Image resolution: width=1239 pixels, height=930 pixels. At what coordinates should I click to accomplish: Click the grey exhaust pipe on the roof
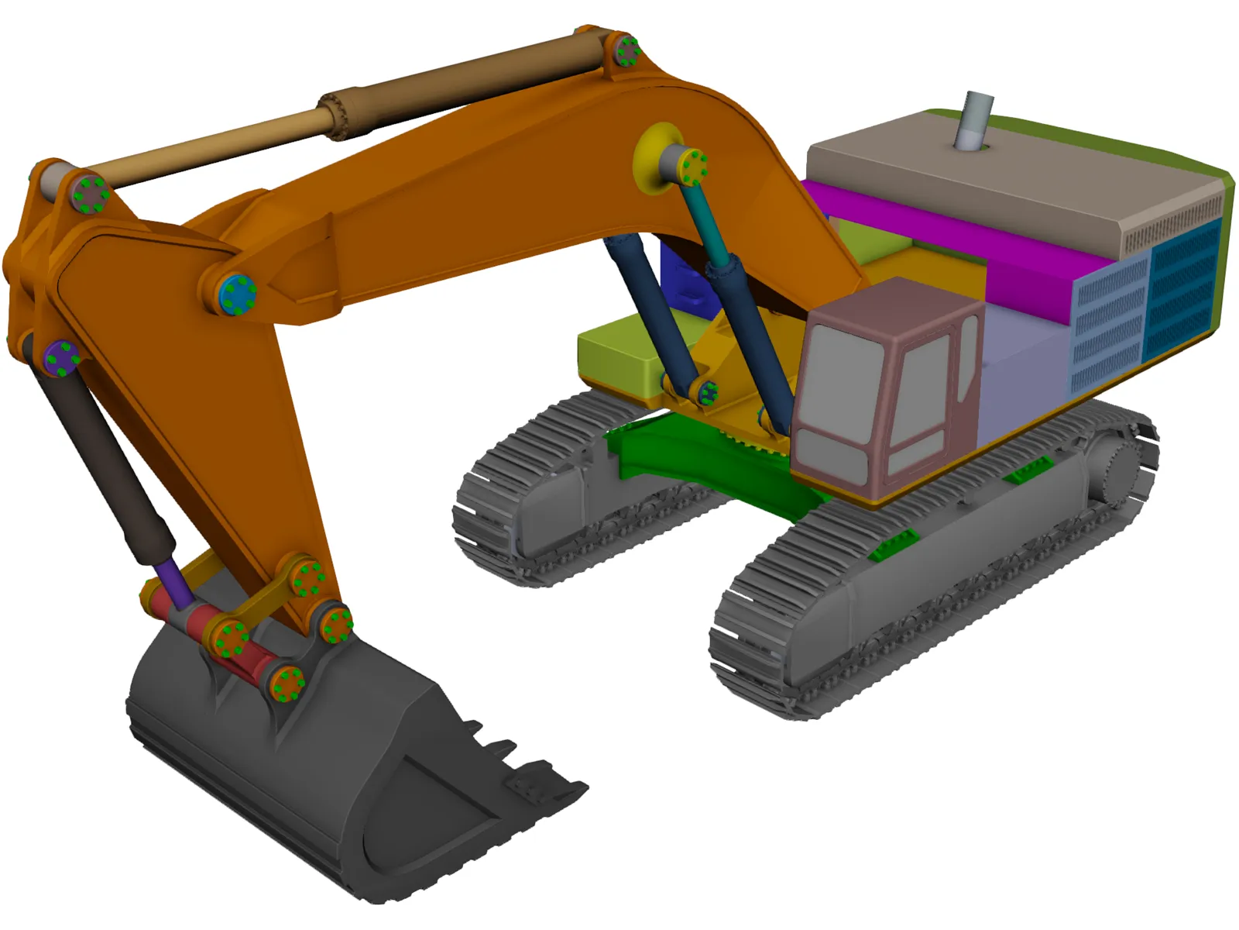[973, 122]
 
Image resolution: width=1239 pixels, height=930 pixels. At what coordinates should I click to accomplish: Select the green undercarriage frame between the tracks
[697, 457]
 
